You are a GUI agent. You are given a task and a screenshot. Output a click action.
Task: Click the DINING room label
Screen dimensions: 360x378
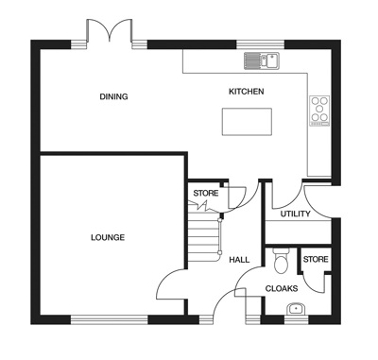click(114, 96)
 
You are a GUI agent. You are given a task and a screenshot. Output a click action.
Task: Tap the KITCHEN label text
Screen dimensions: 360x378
click(247, 92)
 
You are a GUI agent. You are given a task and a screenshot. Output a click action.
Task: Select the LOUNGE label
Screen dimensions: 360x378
click(108, 237)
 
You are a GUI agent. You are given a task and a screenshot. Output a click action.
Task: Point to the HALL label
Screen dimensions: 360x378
click(239, 258)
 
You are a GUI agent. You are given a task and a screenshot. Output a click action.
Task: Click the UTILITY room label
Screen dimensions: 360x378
click(295, 214)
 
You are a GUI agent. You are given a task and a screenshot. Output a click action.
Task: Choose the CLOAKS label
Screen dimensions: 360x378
click(281, 288)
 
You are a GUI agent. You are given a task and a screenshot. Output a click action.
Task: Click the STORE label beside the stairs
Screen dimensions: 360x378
click(205, 194)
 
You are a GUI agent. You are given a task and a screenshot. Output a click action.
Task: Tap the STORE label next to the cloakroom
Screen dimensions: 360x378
click(315, 259)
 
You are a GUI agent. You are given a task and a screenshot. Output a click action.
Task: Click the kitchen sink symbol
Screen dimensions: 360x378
click(262, 61)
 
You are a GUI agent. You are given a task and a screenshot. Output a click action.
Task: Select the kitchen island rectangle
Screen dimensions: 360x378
click(246, 121)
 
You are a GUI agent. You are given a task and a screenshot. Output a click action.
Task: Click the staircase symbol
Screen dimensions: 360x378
click(203, 236)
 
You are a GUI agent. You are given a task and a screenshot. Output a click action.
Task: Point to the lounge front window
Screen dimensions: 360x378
click(108, 317)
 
